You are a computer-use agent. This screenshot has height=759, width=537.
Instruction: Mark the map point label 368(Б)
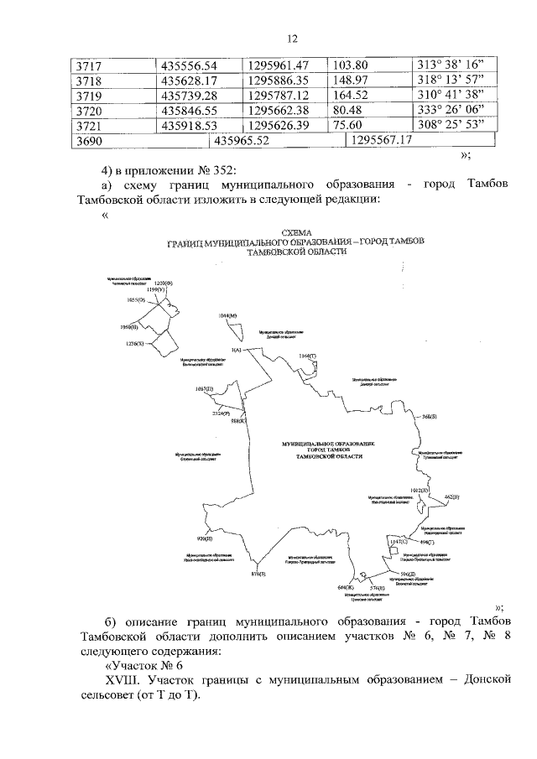point(429,416)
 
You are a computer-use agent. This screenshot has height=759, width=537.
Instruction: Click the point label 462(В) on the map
point(451,497)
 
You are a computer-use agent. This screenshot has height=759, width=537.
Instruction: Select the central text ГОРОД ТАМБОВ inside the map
point(322,450)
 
